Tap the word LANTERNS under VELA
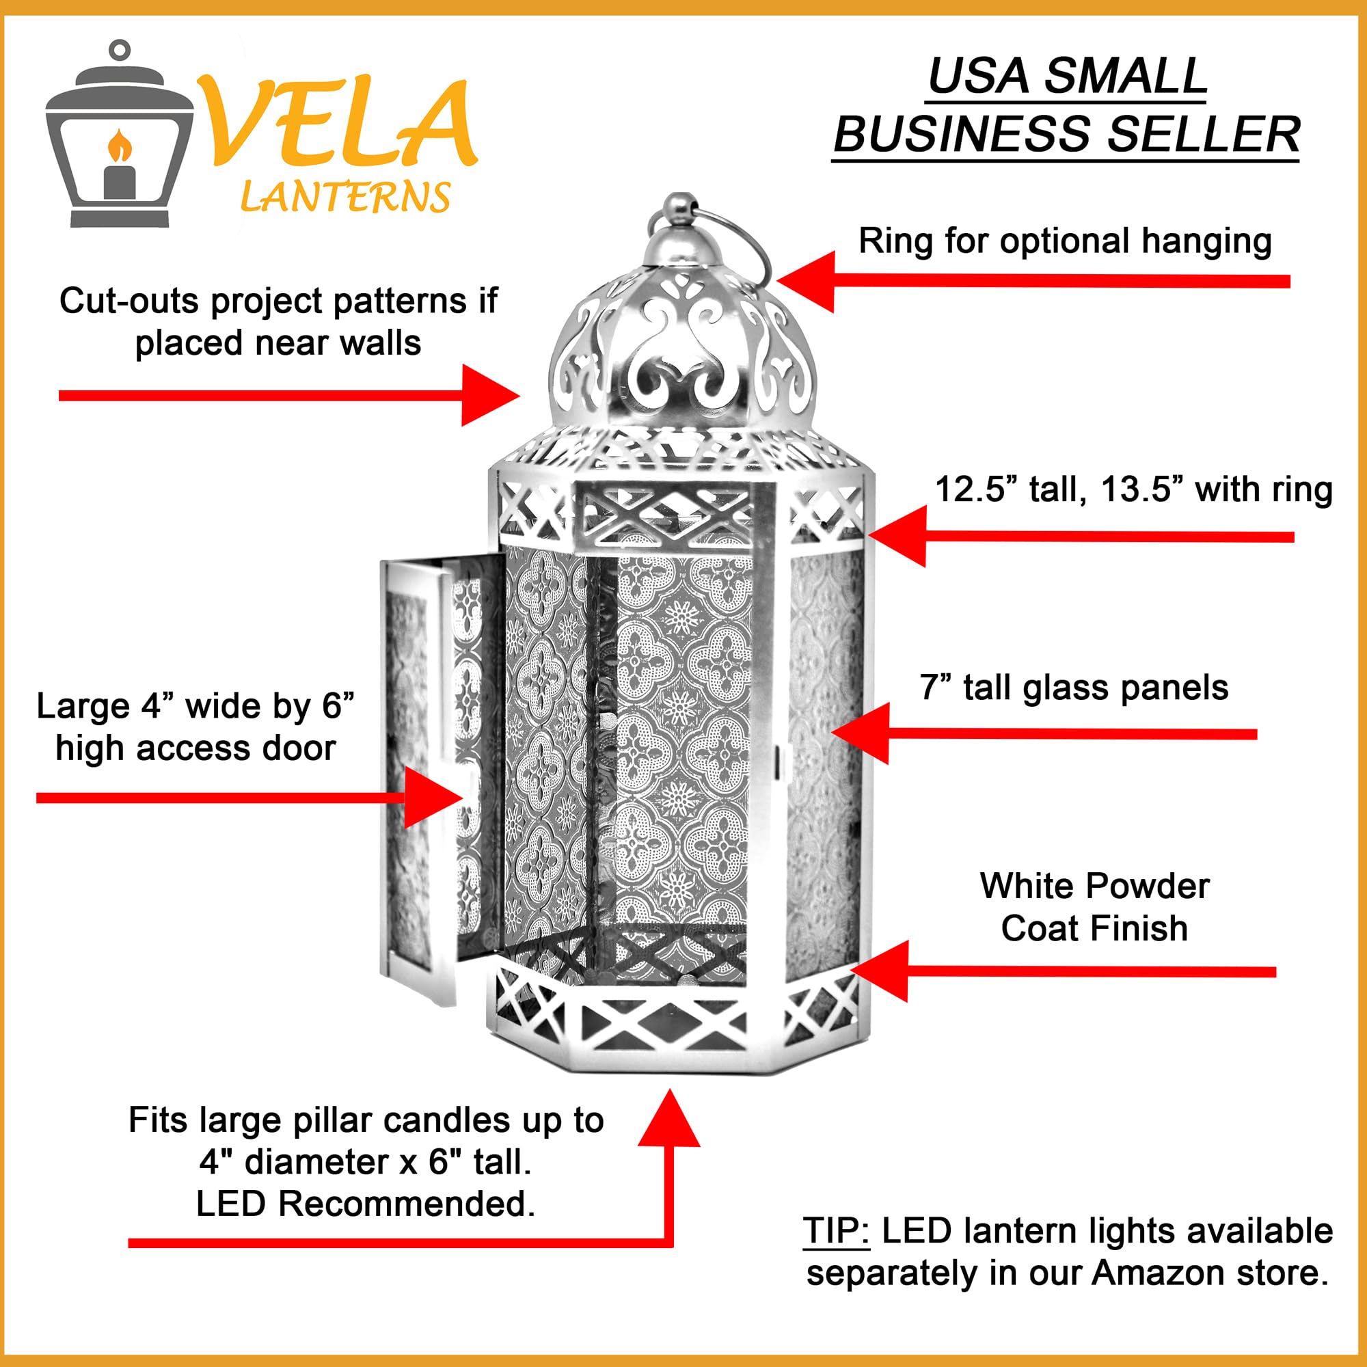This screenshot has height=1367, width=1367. pos(345,198)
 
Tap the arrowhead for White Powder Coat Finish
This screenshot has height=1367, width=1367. pos(881,971)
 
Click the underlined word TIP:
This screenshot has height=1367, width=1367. pos(836,1231)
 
